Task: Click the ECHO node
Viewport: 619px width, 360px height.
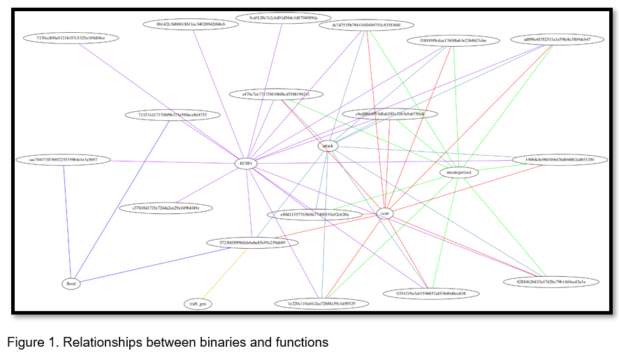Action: [246, 163]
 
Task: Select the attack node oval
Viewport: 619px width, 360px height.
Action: [328, 146]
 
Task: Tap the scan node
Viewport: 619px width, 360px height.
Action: [385, 213]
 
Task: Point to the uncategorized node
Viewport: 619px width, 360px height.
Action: [459, 172]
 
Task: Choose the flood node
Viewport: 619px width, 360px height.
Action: [71, 284]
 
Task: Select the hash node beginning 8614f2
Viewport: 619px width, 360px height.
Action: [190, 24]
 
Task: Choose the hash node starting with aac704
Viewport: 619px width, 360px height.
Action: [62, 160]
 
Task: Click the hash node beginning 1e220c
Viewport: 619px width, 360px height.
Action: [321, 303]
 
